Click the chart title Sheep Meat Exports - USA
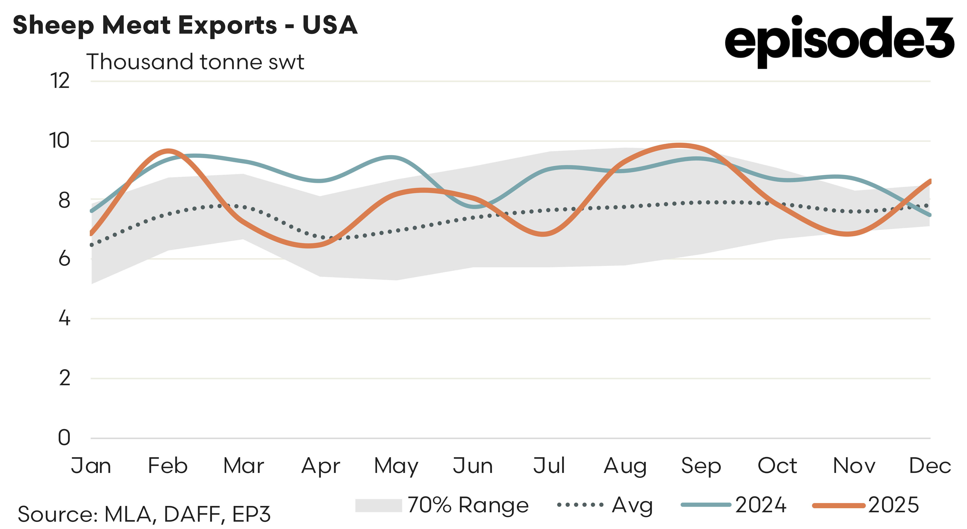(x=185, y=25)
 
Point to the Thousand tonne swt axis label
(x=195, y=62)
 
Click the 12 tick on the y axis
(x=60, y=81)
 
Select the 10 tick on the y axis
(x=59, y=141)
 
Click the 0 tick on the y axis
(x=64, y=438)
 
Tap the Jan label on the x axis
(x=91, y=466)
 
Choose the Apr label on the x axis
(x=321, y=466)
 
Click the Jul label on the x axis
(x=549, y=466)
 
